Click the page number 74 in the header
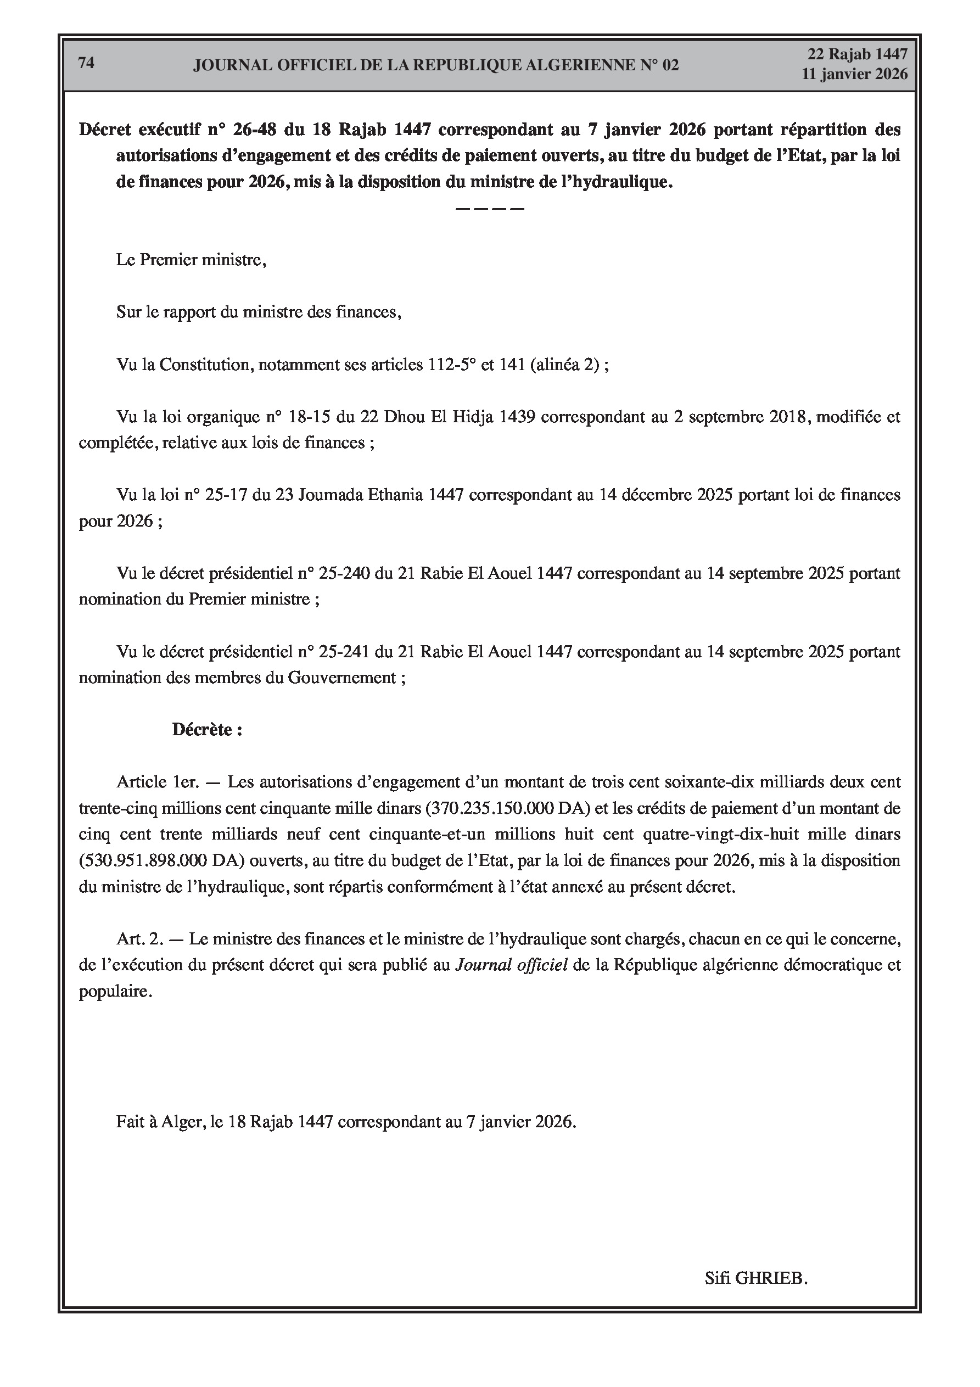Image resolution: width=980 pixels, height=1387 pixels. (86, 63)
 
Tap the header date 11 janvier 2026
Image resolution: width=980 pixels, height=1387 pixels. (854, 74)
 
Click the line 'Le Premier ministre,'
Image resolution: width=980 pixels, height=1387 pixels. (191, 260)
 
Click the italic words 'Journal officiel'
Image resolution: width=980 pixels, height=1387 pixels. (511, 965)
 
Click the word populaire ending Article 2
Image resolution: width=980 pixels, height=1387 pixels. (114, 991)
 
